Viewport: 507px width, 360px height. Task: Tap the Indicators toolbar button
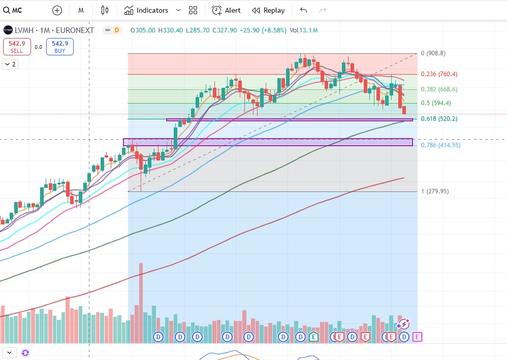(146, 10)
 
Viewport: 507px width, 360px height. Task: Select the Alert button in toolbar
(227, 10)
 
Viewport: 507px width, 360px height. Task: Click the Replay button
(268, 10)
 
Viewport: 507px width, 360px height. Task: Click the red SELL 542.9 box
(17, 47)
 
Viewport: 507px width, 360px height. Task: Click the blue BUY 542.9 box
(60, 47)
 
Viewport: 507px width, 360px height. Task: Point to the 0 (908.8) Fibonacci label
(433, 53)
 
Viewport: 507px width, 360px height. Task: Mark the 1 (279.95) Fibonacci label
(435, 191)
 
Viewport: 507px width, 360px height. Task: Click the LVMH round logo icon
(8, 30)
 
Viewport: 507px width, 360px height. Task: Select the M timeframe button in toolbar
(81, 10)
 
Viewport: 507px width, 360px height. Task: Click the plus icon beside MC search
(57, 10)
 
